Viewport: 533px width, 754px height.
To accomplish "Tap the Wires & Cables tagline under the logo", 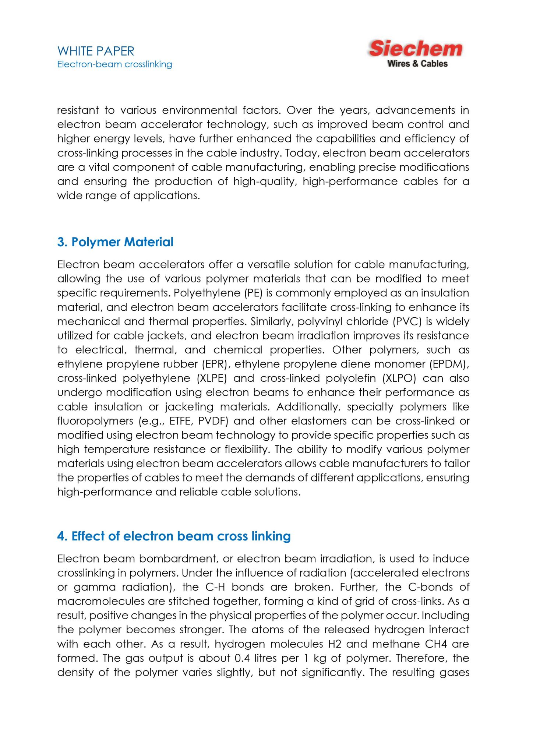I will point(417,64).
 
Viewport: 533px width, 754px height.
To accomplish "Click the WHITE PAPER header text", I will point(96,51).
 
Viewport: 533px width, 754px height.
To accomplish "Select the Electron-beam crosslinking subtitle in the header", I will point(114,64).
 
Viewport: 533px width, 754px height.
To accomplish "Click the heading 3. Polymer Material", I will point(115,242).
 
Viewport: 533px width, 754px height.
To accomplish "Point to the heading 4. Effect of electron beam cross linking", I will point(174,536).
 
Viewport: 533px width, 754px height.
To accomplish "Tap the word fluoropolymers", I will point(95,421).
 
